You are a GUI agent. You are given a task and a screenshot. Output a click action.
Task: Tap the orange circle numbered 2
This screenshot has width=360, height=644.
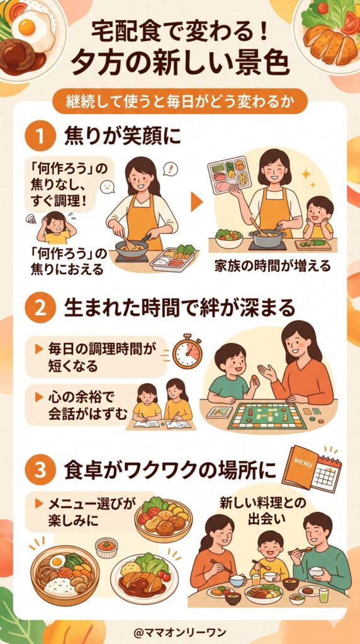click(42, 309)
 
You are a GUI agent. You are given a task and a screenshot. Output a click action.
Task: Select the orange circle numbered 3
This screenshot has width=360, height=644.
click(42, 470)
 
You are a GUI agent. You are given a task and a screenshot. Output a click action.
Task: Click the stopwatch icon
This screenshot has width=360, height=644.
click(187, 352)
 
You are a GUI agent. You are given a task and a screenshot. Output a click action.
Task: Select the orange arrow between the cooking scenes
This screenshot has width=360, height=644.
click(197, 201)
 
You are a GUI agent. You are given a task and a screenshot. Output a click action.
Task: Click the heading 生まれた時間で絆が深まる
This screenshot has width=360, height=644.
click(179, 309)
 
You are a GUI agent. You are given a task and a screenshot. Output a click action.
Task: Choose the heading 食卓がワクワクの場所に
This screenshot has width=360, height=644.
click(169, 470)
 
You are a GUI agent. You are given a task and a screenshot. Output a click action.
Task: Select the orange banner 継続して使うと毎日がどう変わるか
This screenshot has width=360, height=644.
click(180, 100)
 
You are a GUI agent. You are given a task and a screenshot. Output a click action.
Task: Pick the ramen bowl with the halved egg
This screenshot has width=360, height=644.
click(64, 573)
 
